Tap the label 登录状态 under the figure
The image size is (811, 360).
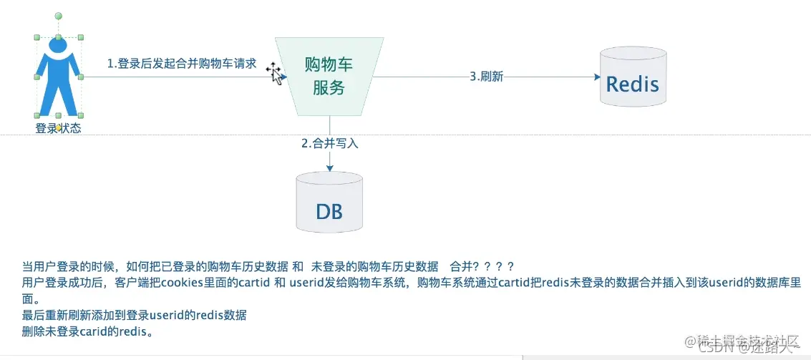58,129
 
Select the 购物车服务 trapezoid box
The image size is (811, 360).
329,76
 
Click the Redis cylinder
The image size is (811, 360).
633,77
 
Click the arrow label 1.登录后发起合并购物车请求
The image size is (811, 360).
182,63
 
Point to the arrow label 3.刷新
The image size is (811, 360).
486,77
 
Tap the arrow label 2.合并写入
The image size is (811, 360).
329,143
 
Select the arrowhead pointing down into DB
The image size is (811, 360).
329,167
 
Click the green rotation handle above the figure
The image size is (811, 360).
58,15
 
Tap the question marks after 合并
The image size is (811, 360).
493,266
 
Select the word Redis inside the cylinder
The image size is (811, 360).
633,84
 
